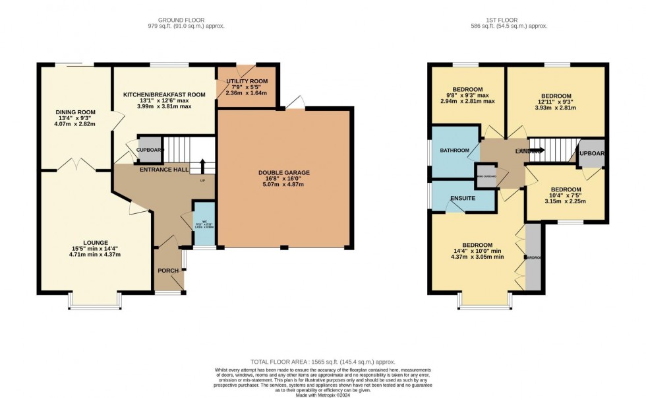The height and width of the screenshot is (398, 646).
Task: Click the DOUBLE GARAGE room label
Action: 283,173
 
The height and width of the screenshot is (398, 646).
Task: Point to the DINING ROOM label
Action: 75,113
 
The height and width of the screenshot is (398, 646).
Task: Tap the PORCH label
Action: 168,271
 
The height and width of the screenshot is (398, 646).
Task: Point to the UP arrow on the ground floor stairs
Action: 202,166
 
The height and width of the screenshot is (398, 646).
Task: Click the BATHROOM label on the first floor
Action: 455,150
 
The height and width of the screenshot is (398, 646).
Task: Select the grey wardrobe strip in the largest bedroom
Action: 533,257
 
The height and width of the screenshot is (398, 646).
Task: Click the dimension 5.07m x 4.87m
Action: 283,186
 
